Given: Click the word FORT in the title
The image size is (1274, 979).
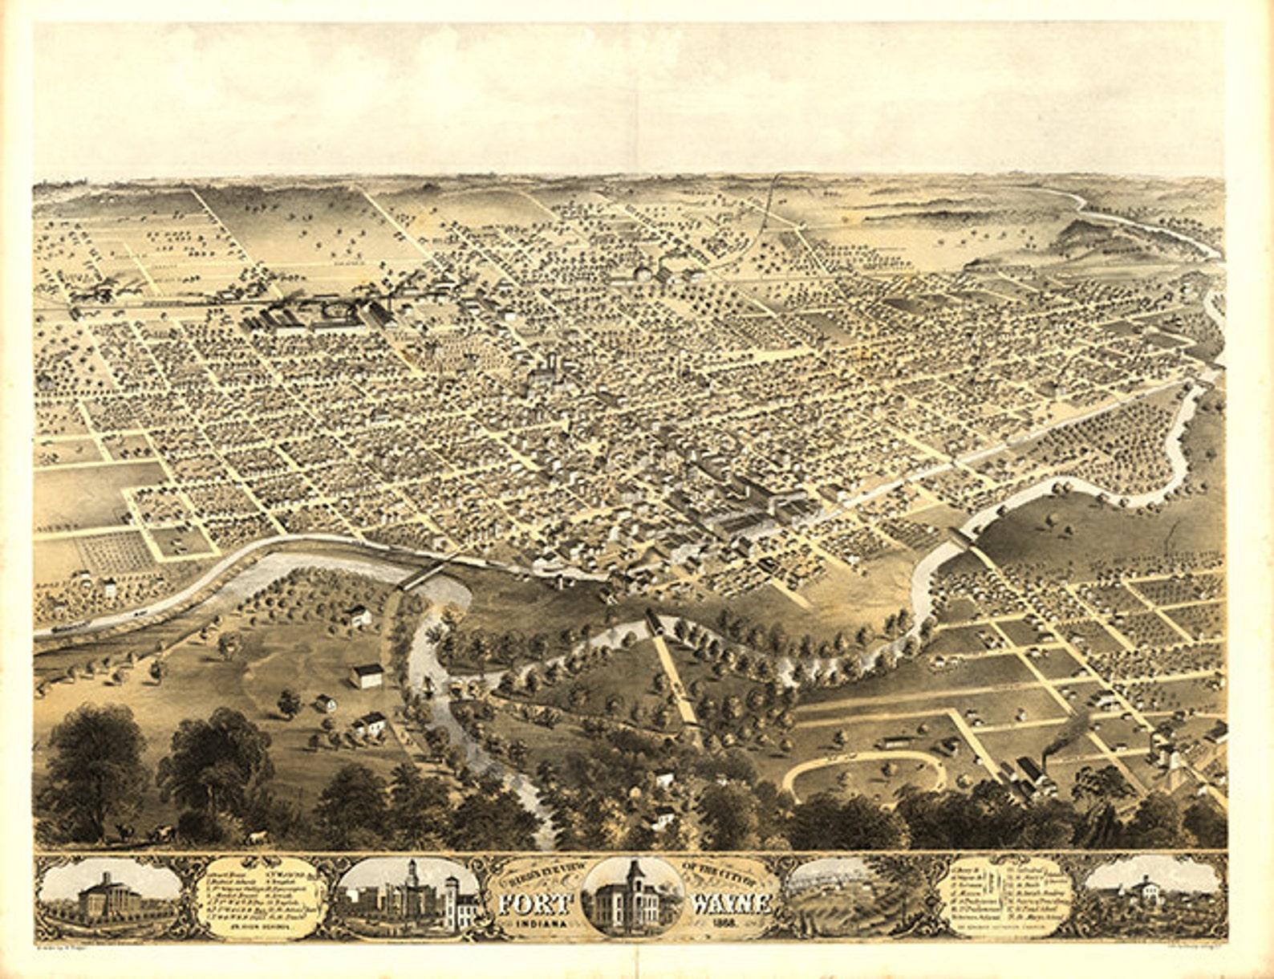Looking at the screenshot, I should click(535, 903).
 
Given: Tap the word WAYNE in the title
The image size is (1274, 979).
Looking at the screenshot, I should click(730, 903).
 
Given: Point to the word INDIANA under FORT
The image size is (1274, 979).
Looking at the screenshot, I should click(540, 924).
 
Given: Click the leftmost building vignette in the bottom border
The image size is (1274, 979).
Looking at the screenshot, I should click(111, 896).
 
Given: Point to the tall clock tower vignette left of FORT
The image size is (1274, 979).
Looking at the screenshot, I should click(411, 896).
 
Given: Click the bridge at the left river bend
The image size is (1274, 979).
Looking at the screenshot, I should click(423, 575).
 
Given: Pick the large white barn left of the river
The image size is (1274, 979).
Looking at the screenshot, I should click(367, 675).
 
